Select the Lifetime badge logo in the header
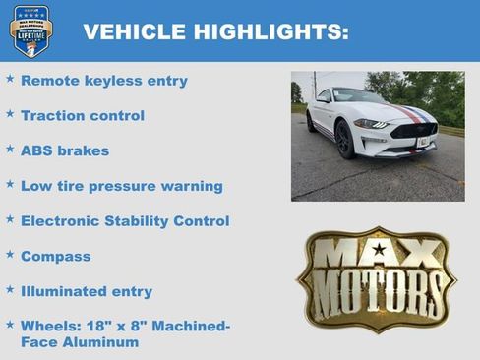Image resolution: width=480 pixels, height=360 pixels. click(31, 30)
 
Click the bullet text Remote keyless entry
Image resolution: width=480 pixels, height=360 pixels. click(103, 81)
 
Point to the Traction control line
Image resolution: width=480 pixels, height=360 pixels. click(83, 116)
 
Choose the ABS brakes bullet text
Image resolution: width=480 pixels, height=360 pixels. click(65, 151)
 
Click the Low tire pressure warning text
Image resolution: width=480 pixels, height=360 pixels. click(121, 186)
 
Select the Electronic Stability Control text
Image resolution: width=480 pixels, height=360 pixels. click(125, 221)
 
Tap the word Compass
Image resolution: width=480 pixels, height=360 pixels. click(55, 257)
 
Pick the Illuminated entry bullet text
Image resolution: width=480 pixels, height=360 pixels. click(87, 291)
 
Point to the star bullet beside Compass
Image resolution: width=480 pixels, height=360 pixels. click(10, 254)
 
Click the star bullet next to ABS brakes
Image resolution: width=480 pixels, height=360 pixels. click(10, 149)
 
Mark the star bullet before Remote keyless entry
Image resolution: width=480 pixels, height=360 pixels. click(10, 78)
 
